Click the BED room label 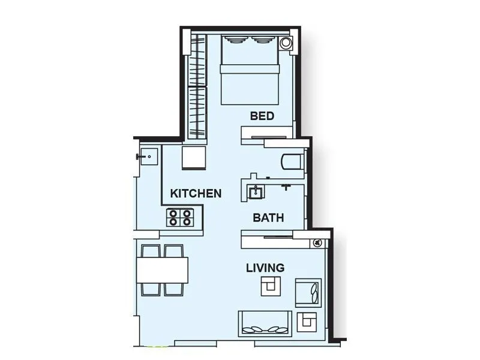[262, 116]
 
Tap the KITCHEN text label [196, 194]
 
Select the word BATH [268, 218]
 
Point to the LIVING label [265, 268]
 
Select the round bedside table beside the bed [287, 43]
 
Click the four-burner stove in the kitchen [181, 217]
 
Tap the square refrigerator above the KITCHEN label [194, 158]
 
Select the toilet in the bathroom [292, 162]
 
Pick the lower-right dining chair [174, 289]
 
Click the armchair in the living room [309, 293]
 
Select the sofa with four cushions [266, 324]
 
